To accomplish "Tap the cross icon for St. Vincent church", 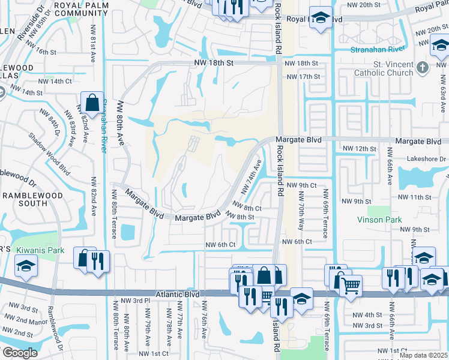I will tap(423, 68).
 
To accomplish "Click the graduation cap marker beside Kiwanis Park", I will tap(26, 267).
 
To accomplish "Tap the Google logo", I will tap(20, 353).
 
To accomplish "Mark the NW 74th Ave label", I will tap(252, 176).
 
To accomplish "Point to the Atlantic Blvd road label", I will tap(177, 295).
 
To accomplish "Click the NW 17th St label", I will tap(303, 76).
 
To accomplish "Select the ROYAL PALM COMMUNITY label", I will tap(88, 10).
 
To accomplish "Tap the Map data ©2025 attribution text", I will tap(423, 355).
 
